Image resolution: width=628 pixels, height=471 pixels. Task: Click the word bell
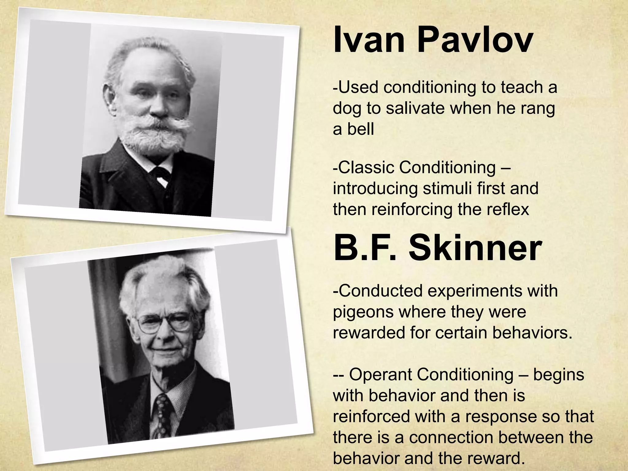pyautogui.click(x=361, y=129)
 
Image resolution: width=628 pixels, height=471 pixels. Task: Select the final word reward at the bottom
pyautogui.click(x=496, y=458)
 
